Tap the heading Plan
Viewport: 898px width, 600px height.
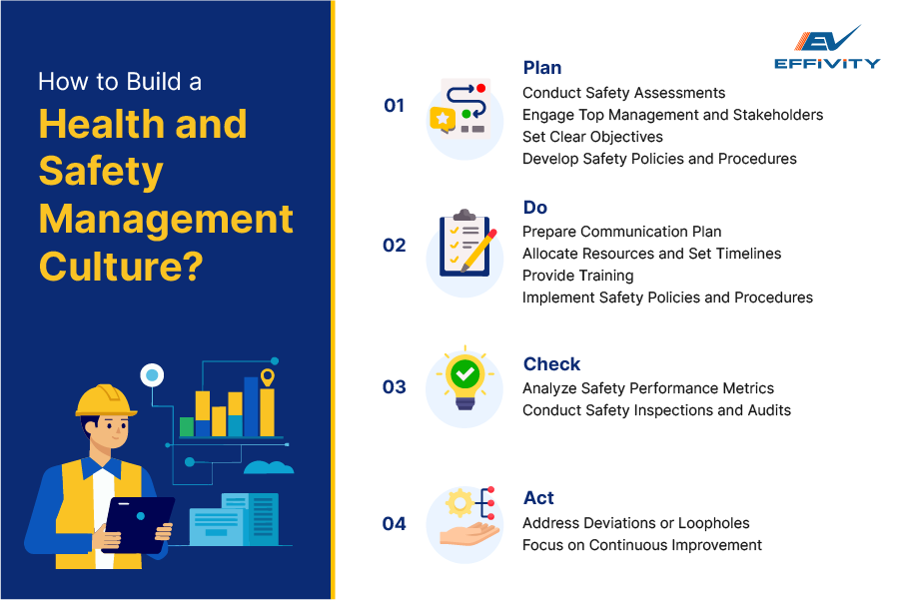tap(542, 68)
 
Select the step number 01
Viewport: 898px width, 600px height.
tap(395, 106)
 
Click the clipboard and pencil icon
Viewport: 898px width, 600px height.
tap(464, 245)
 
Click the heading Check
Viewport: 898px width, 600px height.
tap(551, 364)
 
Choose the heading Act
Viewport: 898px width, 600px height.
tap(538, 498)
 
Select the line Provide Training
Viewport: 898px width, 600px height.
tap(577, 276)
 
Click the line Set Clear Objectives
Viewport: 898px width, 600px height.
tap(592, 137)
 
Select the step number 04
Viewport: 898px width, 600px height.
tap(395, 523)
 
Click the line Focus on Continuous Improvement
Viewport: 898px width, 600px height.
tap(641, 545)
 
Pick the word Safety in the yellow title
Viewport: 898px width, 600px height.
tap(101, 172)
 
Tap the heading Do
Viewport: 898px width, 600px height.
tap(535, 208)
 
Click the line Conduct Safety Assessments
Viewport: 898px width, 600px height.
tap(623, 93)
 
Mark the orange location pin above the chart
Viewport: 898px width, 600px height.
tap(267, 377)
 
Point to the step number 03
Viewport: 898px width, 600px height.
tap(395, 387)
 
